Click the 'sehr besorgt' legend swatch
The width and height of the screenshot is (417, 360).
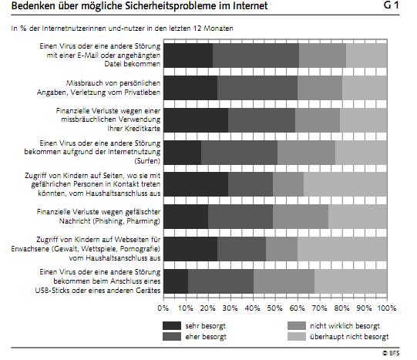172,326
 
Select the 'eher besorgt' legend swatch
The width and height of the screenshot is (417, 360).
172,337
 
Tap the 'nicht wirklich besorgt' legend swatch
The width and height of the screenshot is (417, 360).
297,326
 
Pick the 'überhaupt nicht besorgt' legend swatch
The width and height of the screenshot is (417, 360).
297,337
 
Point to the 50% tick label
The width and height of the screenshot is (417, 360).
274,308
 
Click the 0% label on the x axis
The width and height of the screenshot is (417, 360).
163,308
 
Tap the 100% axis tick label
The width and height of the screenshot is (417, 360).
387,308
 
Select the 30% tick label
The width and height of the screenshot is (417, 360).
230,308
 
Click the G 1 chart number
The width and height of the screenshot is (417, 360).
392,5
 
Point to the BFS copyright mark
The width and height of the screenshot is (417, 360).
391,353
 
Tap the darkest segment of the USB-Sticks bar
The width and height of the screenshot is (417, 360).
176,281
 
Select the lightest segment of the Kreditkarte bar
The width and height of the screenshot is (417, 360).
364,120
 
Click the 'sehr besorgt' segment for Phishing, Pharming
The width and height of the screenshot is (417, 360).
186,217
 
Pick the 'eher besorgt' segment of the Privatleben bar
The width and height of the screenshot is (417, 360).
257,88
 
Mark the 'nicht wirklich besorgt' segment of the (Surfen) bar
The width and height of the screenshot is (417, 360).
306,153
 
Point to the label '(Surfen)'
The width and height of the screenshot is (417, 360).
147,161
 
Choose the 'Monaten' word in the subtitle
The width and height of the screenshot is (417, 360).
218,29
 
